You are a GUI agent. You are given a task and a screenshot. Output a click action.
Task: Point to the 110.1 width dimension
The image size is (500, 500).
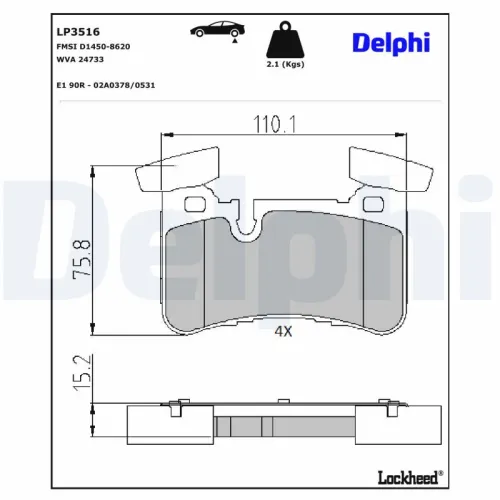click(x=271, y=124)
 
